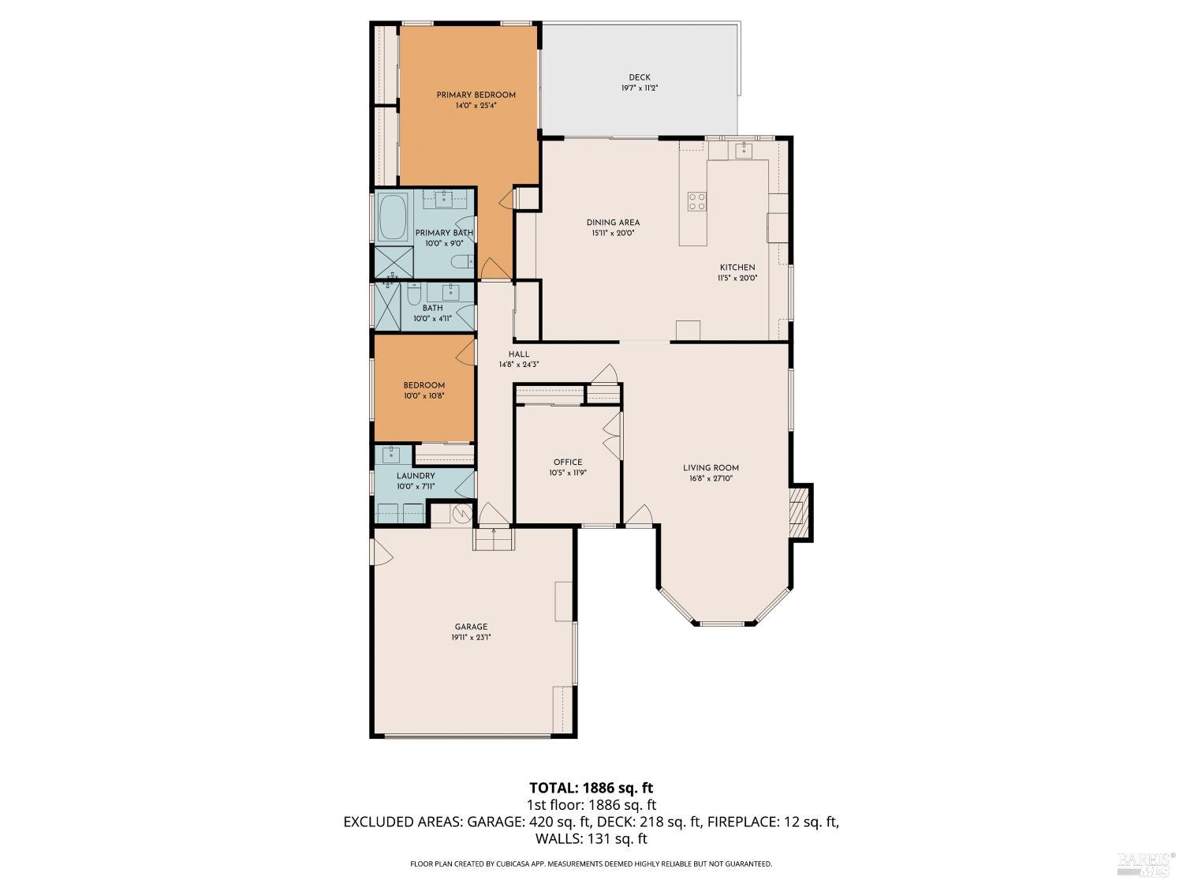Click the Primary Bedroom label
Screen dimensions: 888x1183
(476, 95)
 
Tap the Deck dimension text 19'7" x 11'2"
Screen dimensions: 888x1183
(639, 88)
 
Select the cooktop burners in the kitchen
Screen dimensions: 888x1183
(696, 201)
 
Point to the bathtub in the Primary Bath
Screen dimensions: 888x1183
(392, 219)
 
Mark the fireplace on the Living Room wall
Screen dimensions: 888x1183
(800, 512)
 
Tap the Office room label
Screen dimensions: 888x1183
(567, 462)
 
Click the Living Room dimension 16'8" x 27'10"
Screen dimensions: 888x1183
(711, 478)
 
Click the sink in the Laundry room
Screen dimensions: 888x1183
(392, 454)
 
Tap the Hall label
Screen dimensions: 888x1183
(518, 354)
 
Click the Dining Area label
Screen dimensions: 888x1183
(613, 223)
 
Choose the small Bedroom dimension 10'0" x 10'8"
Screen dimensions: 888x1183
(424, 396)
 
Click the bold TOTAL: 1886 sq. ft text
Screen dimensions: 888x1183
(591, 788)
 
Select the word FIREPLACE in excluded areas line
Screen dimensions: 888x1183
(742, 822)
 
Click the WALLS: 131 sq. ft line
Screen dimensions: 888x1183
(591, 838)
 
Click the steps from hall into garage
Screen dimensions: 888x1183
(494, 539)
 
